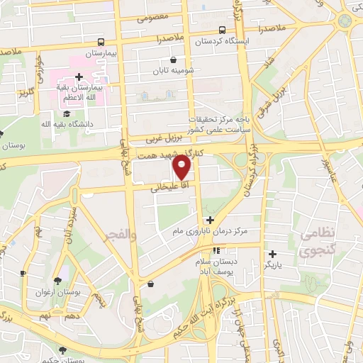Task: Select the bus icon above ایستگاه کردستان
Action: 223,30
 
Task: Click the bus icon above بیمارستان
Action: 101,42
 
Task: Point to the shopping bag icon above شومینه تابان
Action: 174,60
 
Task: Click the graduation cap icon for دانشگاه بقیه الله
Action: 67,113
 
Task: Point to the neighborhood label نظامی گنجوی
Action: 315,242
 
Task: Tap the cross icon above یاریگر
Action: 272,254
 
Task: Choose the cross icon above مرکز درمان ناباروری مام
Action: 210,220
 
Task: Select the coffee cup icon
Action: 22,273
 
